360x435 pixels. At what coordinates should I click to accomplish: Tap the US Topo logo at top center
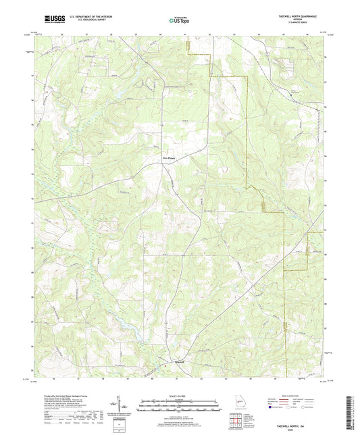pyautogui.click(x=178, y=20)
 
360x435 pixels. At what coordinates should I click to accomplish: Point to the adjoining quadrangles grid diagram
pyautogui.click(x=236, y=421)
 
